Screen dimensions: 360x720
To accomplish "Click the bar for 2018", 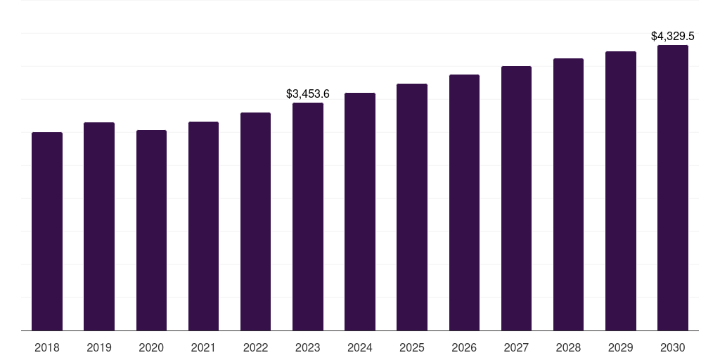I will [x=47, y=231].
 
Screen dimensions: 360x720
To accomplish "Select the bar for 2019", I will [x=99, y=226].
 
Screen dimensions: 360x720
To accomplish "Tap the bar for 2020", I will [x=151, y=231].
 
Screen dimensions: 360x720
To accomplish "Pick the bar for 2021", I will [x=203, y=226].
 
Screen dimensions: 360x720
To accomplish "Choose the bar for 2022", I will [x=255, y=221].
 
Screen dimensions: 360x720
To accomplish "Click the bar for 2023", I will [x=308, y=217].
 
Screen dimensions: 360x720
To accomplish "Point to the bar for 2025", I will [x=412, y=207].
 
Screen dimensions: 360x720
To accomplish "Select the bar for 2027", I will [x=516, y=198].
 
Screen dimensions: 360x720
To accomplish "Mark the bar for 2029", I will [x=621, y=191].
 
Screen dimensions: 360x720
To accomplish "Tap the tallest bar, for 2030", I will [x=673, y=188].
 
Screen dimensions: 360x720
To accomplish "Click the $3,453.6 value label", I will [x=308, y=94].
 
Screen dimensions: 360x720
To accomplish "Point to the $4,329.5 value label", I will [x=673, y=36].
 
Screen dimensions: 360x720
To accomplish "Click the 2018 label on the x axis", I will [x=47, y=347].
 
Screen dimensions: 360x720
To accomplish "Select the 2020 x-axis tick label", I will [x=151, y=347].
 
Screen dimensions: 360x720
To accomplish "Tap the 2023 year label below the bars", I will [x=308, y=347].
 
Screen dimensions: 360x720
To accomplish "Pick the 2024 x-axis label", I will [x=360, y=347].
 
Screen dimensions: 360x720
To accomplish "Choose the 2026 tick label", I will [x=464, y=347].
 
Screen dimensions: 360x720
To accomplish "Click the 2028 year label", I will [x=568, y=347].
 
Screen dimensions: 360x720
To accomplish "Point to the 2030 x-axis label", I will [x=673, y=347].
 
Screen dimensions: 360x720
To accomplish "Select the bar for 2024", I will [x=360, y=212].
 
